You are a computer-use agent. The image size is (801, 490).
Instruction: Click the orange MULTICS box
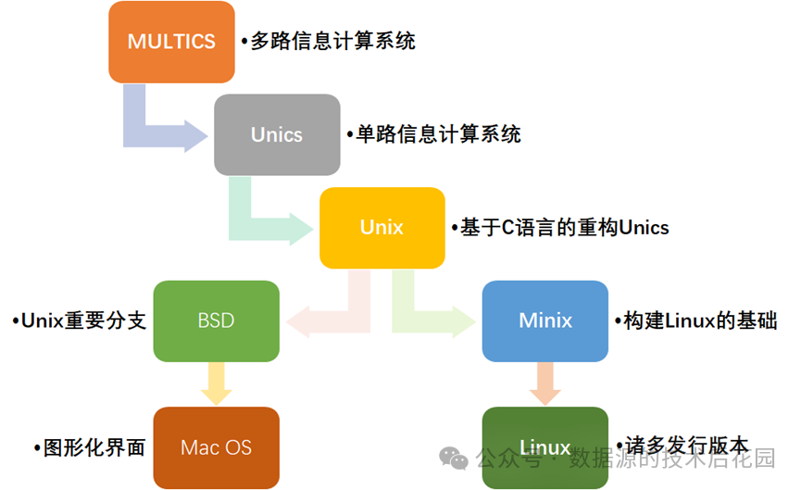(x=171, y=42)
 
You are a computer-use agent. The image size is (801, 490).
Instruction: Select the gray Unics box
(x=277, y=134)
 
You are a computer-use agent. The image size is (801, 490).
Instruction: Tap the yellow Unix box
(x=382, y=228)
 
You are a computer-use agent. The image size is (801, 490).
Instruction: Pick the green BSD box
(x=216, y=321)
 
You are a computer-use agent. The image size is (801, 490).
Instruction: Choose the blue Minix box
(x=545, y=321)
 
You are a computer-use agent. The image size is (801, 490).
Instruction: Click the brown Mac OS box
(x=216, y=447)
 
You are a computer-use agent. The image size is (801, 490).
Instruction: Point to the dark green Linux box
(x=545, y=447)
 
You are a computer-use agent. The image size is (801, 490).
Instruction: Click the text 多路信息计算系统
(x=332, y=42)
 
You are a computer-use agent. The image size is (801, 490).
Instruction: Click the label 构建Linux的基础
(x=698, y=321)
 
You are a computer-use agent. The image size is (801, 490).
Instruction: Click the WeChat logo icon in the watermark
(x=454, y=458)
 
